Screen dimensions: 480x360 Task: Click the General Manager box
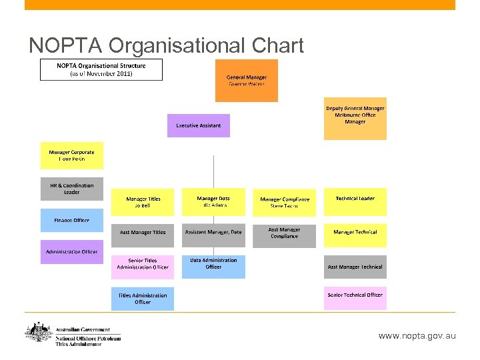pos(246,81)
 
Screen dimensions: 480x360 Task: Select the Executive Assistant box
pos(198,125)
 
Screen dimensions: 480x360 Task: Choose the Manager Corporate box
pos(71,155)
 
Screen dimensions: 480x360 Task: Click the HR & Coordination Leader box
pos(71,189)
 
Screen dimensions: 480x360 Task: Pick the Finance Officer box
pos(71,220)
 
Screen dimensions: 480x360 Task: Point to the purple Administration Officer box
pos(71,252)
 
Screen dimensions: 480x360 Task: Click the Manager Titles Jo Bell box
pos(143,201)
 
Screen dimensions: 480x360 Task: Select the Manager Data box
pos(213,201)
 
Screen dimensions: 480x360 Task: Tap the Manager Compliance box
pos(284,202)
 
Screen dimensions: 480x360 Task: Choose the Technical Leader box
pos(355,201)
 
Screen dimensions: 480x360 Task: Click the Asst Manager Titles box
pos(143,233)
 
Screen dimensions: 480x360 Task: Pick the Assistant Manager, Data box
pos(213,233)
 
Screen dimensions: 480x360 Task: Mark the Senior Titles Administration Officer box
pos(143,264)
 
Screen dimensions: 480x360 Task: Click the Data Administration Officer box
pos(213,264)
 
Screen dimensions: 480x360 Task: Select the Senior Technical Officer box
pos(355,295)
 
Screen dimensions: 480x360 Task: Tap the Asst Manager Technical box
pos(355,267)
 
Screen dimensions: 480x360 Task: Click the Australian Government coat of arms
pos(37,333)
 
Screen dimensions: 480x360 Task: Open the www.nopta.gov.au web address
pos(417,336)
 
